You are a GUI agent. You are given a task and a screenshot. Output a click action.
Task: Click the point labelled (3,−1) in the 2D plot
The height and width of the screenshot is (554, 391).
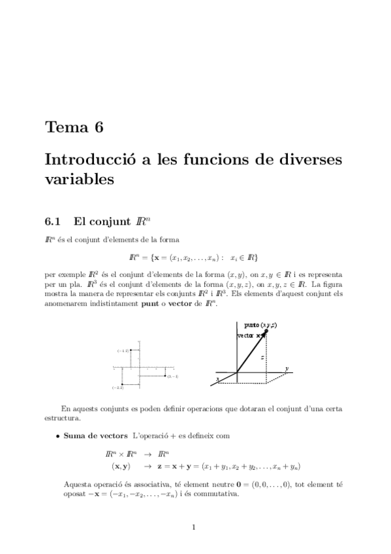pyautogui.click(x=164, y=376)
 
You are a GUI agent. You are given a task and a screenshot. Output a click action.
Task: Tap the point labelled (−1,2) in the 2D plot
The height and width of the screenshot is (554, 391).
pyautogui.click(x=131, y=350)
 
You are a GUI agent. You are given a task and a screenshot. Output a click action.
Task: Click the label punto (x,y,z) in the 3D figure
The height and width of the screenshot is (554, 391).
pyautogui.click(x=260, y=325)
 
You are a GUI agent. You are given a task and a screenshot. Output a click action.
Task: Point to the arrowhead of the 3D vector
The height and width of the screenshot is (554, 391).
pyautogui.click(x=264, y=333)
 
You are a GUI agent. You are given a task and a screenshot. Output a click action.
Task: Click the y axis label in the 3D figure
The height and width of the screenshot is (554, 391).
pyautogui.click(x=287, y=368)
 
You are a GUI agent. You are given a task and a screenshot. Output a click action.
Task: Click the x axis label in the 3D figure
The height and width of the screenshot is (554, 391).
pyautogui.click(x=217, y=378)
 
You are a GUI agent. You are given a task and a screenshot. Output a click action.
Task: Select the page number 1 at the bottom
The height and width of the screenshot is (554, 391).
pyautogui.click(x=195, y=528)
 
